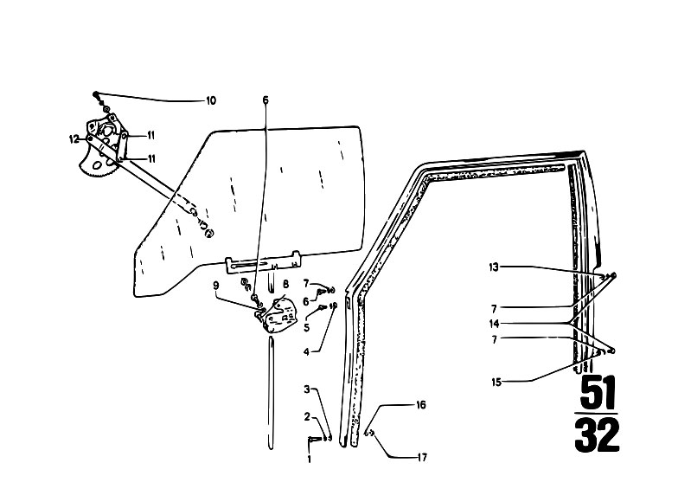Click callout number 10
coord(211,100)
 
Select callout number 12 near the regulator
coord(74,139)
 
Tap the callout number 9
coord(216,286)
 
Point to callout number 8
coord(285,284)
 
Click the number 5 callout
coord(306,328)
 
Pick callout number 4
coord(306,352)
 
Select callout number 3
coord(307,389)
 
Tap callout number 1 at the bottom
coord(309,460)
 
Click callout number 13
coord(494,267)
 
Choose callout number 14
coord(494,324)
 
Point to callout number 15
coord(496,382)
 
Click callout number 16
coord(421,405)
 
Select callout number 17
coord(422,458)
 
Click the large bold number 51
coord(597,393)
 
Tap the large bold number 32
coord(597,434)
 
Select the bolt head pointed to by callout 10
coord(96,94)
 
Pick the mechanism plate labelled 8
coord(280,315)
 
